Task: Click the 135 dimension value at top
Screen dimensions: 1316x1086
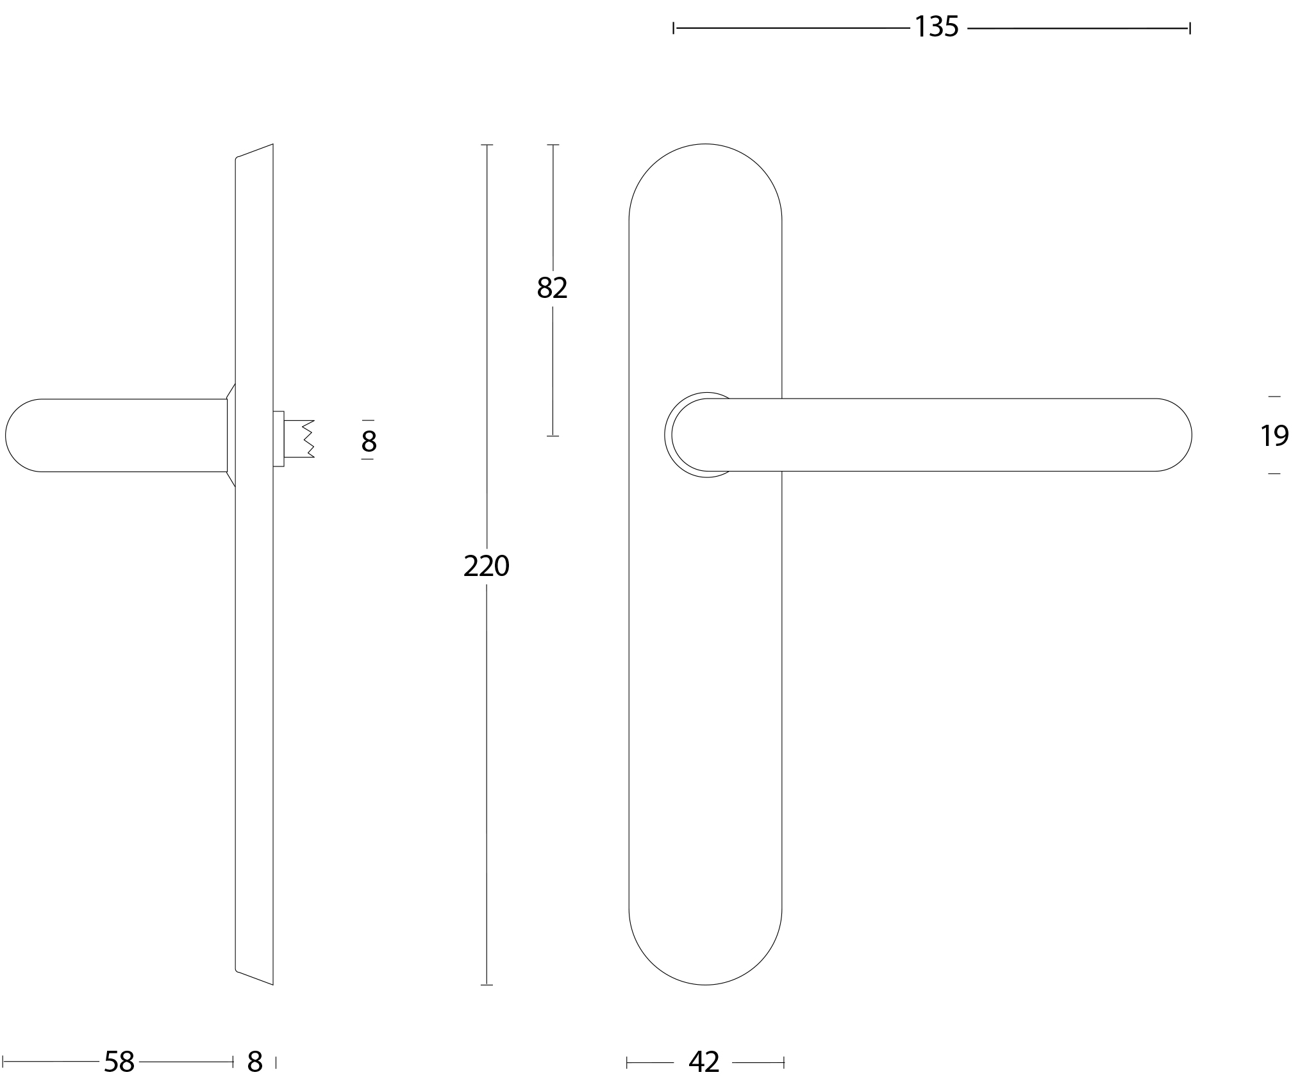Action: click(937, 27)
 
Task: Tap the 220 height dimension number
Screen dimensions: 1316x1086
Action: click(487, 566)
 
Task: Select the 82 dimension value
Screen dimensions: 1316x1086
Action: click(552, 288)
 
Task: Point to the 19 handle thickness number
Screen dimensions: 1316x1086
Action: click(1274, 436)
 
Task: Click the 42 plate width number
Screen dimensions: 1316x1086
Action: click(704, 1062)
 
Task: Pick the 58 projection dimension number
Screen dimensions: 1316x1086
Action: click(119, 1062)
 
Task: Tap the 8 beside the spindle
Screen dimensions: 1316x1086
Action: click(369, 441)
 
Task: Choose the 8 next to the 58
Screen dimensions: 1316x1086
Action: click(255, 1062)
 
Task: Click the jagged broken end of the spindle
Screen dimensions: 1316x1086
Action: click(308, 439)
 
